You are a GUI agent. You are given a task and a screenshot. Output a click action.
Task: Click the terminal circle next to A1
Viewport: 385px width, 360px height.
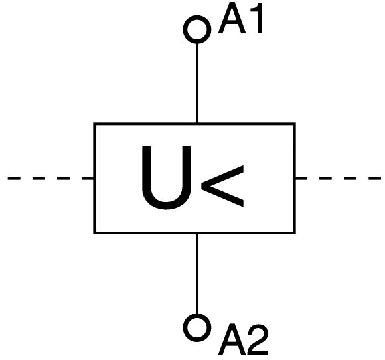pyautogui.click(x=197, y=17)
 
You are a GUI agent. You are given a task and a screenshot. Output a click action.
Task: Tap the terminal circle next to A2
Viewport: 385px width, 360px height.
pyautogui.click(x=197, y=315)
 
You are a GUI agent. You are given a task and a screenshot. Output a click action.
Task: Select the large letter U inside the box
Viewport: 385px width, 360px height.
pyautogui.click(x=166, y=177)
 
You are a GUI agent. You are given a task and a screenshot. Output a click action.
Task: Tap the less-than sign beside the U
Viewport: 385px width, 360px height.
pyautogui.click(x=222, y=186)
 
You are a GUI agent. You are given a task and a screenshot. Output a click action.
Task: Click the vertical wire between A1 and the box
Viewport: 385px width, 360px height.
pyautogui.click(x=197, y=83)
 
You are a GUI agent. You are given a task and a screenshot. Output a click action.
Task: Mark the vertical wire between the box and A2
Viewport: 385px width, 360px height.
pyautogui.click(x=197, y=274)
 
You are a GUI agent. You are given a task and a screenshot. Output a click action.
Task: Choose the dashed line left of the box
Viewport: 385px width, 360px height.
pyautogui.click(x=50, y=178)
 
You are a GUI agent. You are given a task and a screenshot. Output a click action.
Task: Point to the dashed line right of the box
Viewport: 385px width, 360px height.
pyautogui.click(x=339, y=178)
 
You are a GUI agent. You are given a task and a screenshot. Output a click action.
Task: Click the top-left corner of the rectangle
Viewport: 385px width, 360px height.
pyautogui.click(x=94, y=124)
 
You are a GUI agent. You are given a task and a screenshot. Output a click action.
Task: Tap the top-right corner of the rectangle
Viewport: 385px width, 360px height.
pyautogui.click(x=295, y=124)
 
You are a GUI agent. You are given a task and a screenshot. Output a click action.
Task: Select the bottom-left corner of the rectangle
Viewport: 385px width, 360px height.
pyautogui.click(x=94, y=233)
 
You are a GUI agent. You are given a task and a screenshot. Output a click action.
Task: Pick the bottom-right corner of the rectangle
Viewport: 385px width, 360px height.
pyautogui.click(x=295, y=233)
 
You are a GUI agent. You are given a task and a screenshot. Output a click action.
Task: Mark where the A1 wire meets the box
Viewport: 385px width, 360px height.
pyautogui.click(x=197, y=123)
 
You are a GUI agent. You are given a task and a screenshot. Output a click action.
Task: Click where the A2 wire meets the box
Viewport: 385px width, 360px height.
pyautogui.click(x=197, y=234)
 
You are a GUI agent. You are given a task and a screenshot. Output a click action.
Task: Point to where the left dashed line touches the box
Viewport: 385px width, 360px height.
pyautogui.click(x=94, y=178)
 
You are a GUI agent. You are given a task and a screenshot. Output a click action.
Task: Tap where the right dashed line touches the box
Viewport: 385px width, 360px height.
pyautogui.click(x=295, y=178)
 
